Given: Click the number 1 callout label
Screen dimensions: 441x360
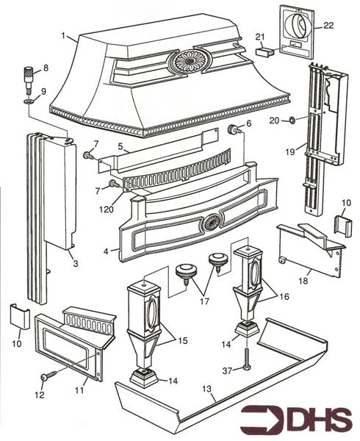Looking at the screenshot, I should pos(65,35).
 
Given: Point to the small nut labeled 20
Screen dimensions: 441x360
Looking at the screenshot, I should pos(292,121).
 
